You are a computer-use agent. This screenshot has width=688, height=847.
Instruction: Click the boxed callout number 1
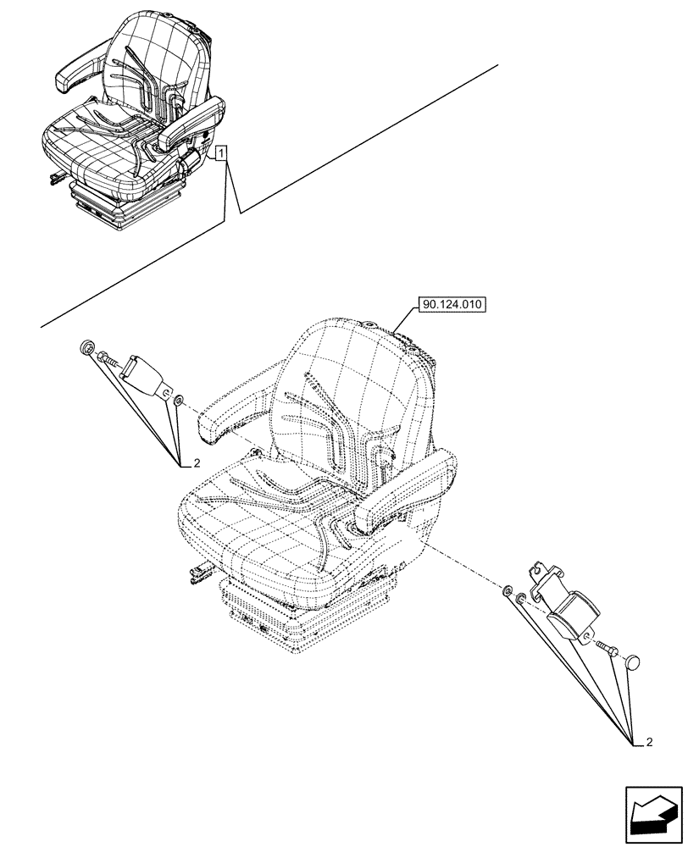(220, 153)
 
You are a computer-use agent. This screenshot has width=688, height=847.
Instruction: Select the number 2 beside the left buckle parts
(196, 462)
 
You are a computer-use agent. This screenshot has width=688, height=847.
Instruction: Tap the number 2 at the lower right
(648, 744)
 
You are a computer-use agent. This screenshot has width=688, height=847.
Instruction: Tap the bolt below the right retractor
(608, 648)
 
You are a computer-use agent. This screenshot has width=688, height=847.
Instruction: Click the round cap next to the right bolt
(635, 661)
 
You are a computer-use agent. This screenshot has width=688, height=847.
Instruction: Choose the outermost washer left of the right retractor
(507, 591)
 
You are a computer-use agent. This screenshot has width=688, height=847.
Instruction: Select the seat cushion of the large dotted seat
(271, 525)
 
